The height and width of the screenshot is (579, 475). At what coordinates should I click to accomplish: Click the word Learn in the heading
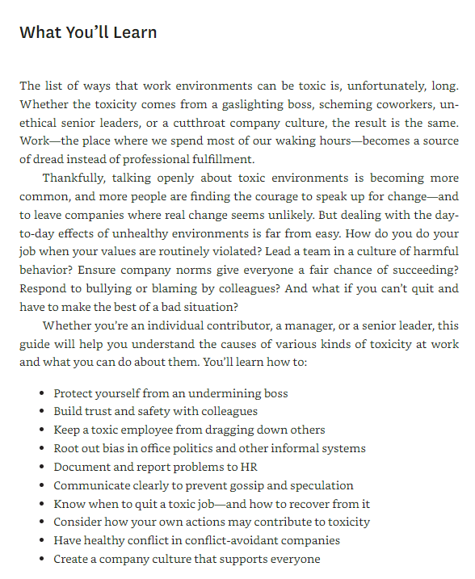coord(133,33)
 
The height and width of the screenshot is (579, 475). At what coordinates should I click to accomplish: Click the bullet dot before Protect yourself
coord(41,394)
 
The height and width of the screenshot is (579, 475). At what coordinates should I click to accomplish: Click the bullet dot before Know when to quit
coord(41,504)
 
